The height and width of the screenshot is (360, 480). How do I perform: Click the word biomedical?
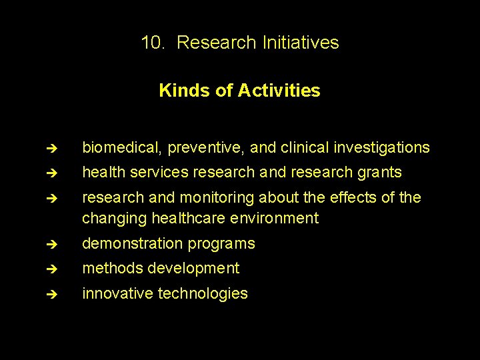point(122,147)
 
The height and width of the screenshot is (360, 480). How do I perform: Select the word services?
point(161,173)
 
